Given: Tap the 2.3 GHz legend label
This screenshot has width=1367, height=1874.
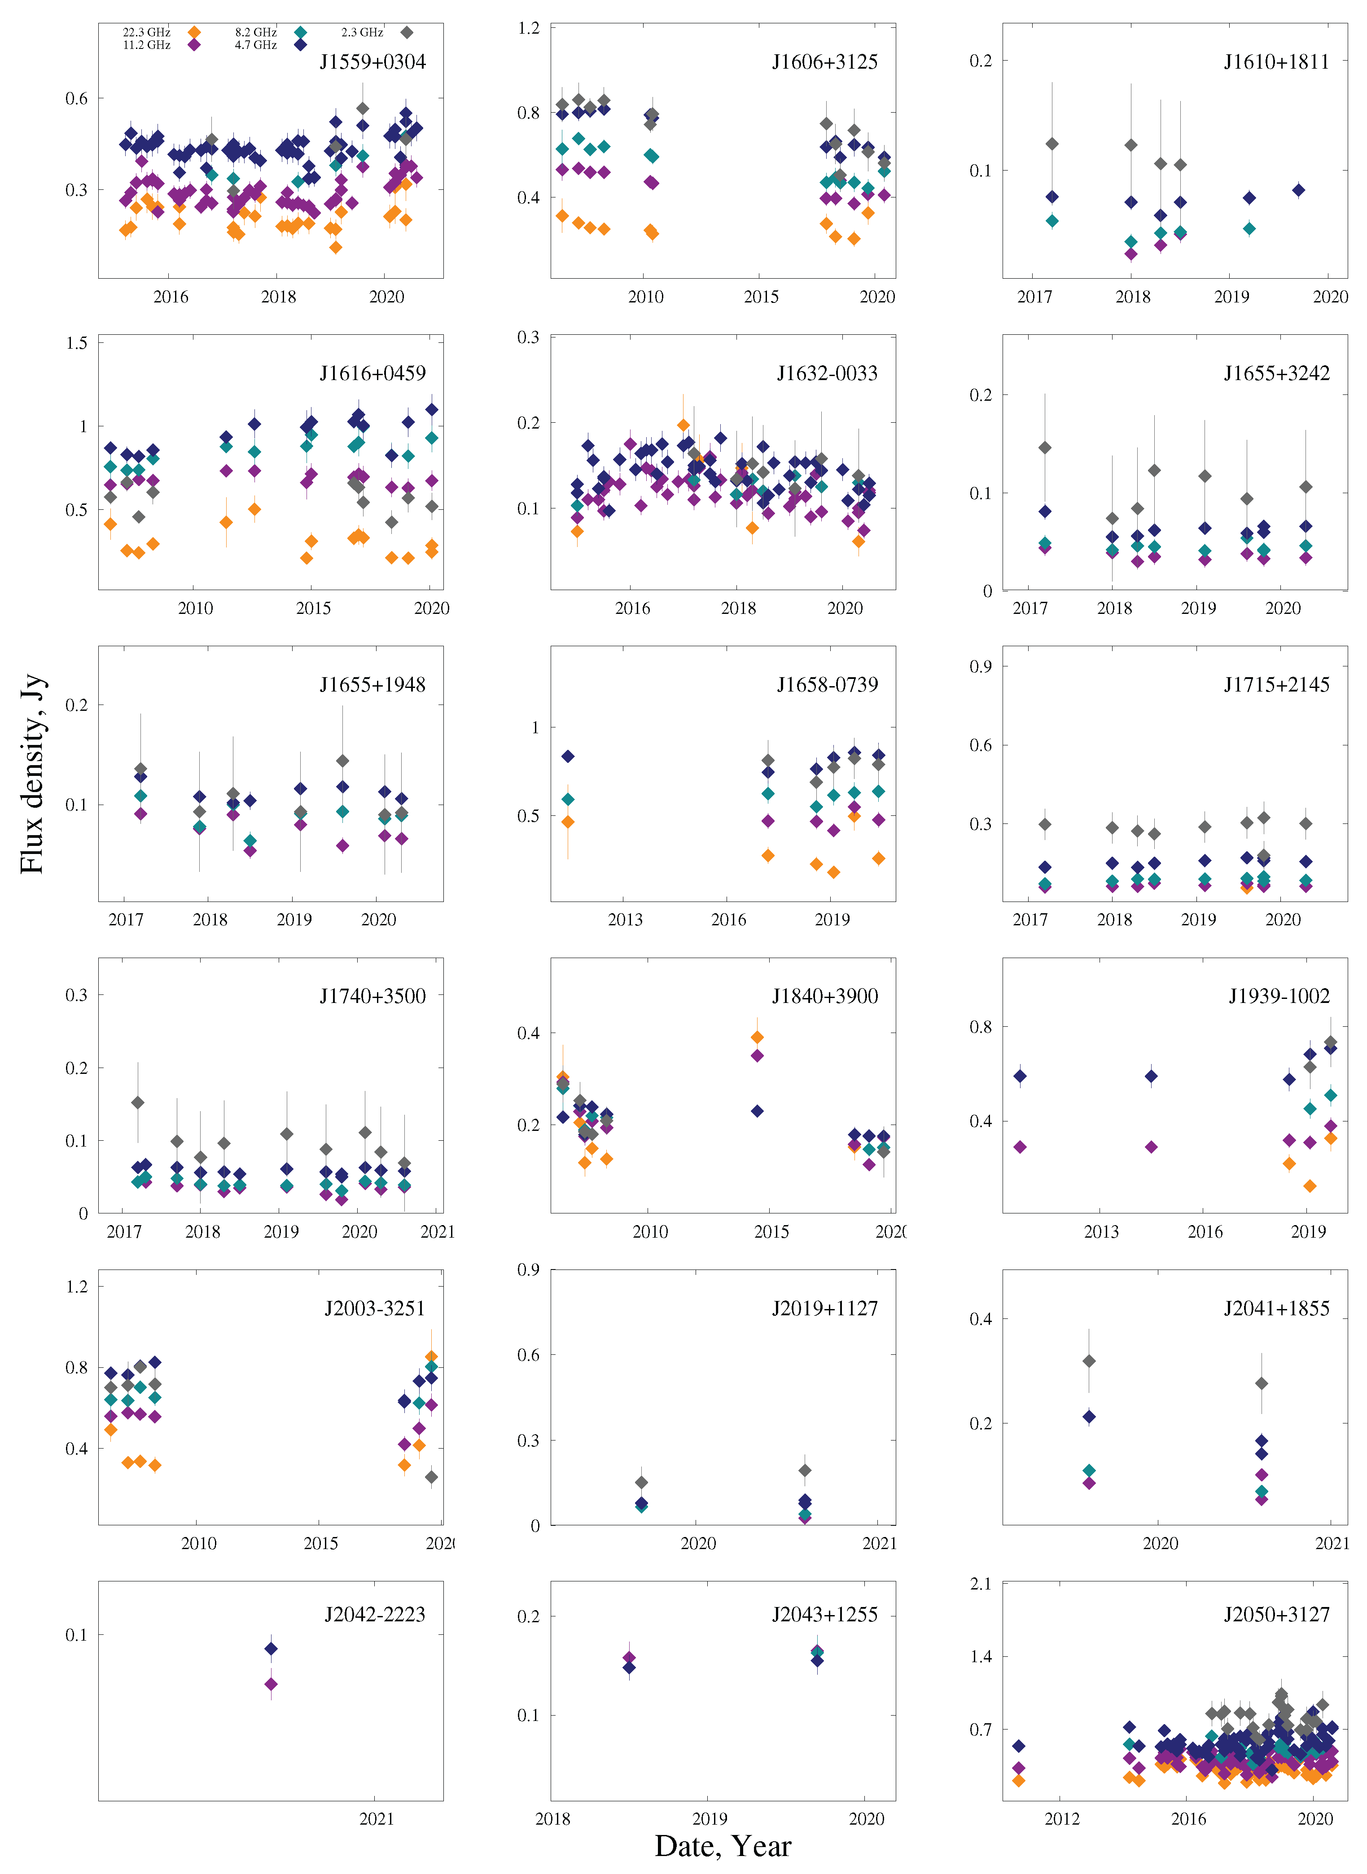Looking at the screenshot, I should (362, 32).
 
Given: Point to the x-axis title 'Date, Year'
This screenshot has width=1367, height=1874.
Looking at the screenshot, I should (723, 1846).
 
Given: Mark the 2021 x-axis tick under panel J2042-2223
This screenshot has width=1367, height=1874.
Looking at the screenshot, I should (377, 1818).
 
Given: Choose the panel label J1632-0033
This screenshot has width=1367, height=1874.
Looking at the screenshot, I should (827, 373).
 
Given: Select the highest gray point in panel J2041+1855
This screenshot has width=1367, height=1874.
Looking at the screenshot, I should (1089, 1361).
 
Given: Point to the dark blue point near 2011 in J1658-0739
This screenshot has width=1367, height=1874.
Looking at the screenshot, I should (568, 756).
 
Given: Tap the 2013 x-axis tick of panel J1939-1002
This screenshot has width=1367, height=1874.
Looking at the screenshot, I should (1101, 1231).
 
